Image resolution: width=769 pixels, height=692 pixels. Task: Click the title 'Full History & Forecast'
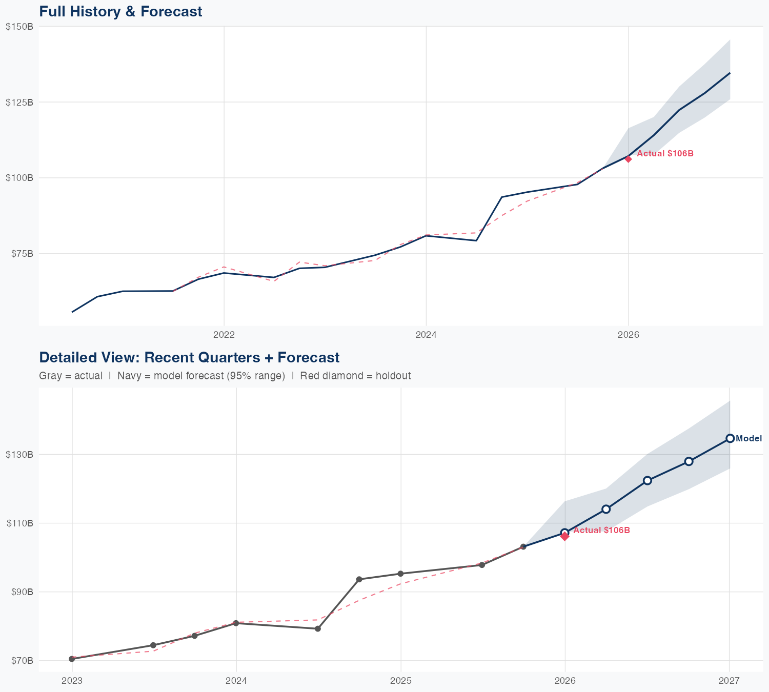tap(120, 11)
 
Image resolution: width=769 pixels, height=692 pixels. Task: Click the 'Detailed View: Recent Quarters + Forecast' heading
tap(189, 357)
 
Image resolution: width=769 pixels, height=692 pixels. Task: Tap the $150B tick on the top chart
tap(19, 27)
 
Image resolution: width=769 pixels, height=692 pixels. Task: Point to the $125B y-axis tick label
tap(19, 102)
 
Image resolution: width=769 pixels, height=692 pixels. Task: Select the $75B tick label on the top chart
tap(21, 253)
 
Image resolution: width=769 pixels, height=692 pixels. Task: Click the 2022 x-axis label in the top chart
tap(224, 335)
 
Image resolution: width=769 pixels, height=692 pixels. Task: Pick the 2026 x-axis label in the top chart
tap(629, 335)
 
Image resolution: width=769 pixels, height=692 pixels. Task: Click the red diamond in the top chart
tap(628, 159)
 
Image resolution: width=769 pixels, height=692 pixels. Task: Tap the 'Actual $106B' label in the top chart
tap(665, 154)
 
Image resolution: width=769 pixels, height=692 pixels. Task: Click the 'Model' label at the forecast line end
tap(748, 439)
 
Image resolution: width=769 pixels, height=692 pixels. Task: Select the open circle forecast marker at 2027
tap(730, 438)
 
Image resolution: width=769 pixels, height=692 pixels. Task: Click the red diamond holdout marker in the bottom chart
tap(564, 536)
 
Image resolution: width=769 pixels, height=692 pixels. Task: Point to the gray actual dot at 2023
tap(72, 659)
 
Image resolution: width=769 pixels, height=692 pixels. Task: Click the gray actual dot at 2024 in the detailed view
tap(236, 623)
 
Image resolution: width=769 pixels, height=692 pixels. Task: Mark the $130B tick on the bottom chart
tap(19, 454)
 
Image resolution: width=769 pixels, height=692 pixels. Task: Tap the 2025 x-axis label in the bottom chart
tap(400, 681)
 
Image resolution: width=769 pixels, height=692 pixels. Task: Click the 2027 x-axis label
tap(729, 681)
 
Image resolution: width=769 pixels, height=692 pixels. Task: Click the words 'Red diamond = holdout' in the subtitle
tap(355, 376)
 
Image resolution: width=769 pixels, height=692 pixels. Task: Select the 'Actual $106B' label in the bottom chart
tap(601, 530)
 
